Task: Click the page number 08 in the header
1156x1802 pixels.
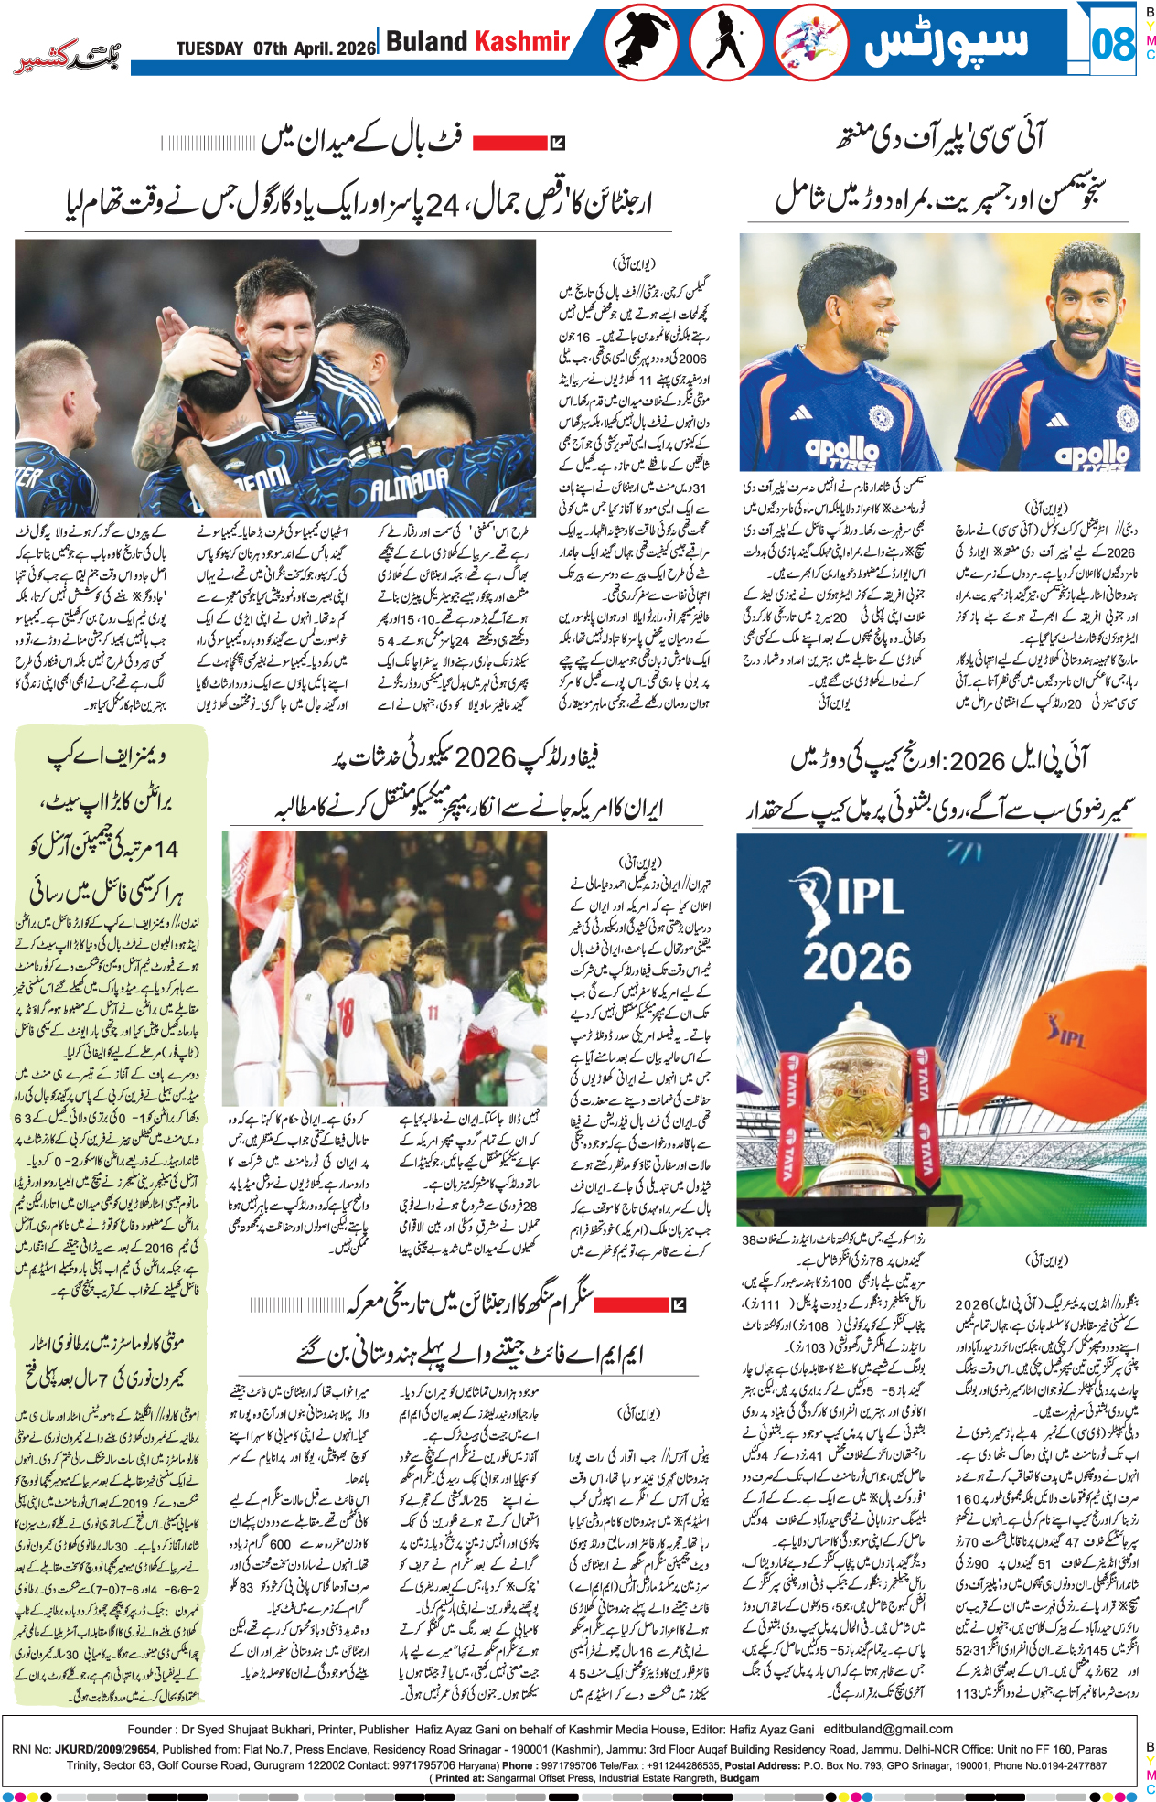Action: click(x=1112, y=43)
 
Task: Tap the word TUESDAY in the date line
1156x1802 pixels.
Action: click(x=209, y=48)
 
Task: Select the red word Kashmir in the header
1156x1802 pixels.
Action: click(x=522, y=41)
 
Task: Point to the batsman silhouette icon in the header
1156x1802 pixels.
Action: click(x=727, y=42)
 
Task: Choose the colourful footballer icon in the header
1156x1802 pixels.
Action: click(x=810, y=42)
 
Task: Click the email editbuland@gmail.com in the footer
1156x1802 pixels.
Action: click(x=888, y=1729)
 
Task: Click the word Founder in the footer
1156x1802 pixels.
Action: click(x=150, y=1729)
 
